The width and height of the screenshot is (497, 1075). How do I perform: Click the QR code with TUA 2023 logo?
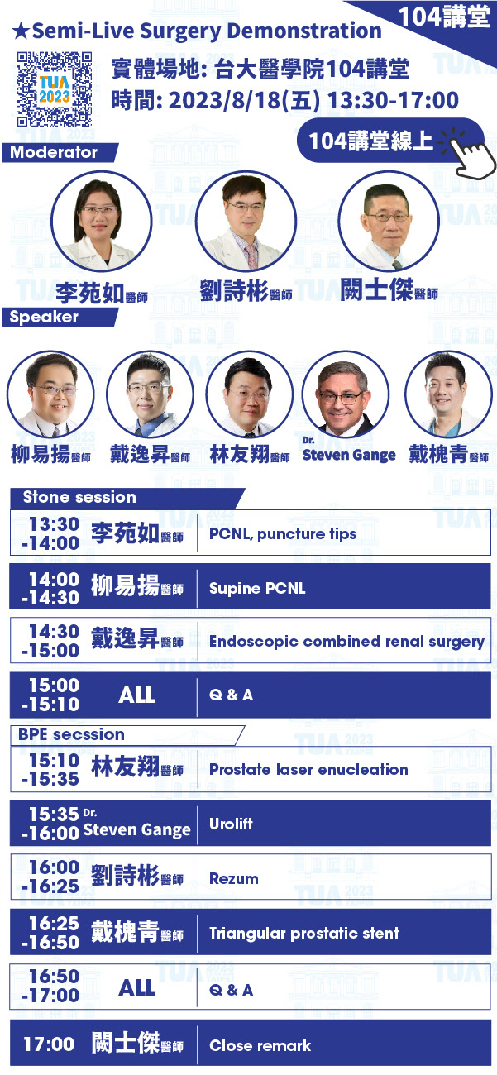pyautogui.click(x=55, y=88)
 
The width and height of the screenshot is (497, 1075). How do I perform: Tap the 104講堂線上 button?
pyautogui.click(x=389, y=140)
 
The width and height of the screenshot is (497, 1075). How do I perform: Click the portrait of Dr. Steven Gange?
pyautogui.click(x=346, y=394)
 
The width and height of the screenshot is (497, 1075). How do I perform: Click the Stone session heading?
pyautogui.click(x=79, y=497)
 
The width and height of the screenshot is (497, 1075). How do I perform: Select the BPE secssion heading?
pyautogui.click(x=71, y=734)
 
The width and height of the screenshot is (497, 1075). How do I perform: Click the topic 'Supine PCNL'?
pyautogui.click(x=257, y=589)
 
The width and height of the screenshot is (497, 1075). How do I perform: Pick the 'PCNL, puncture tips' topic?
pyautogui.click(x=283, y=533)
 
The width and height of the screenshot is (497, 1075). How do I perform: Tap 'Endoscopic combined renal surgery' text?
pyautogui.click(x=346, y=642)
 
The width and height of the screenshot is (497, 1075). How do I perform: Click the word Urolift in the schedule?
pyautogui.click(x=231, y=824)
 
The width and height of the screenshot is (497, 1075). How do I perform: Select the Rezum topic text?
pyautogui.click(x=234, y=879)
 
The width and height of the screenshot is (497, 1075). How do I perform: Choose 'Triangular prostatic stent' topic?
pyautogui.click(x=304, y=934)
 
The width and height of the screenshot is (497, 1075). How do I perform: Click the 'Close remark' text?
pyautogui.click(x=260, y=1046)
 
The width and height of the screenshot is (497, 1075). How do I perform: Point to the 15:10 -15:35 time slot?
pyautogui.click(x=50, y=770)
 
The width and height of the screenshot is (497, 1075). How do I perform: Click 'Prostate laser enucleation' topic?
pyautogui.click(x=308, y=770)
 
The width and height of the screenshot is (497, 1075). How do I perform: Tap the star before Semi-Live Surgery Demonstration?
pyautogui.click(x=21, y=31)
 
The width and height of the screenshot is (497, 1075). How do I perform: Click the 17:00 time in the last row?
pyautogui.click(x=49, y=1044)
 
